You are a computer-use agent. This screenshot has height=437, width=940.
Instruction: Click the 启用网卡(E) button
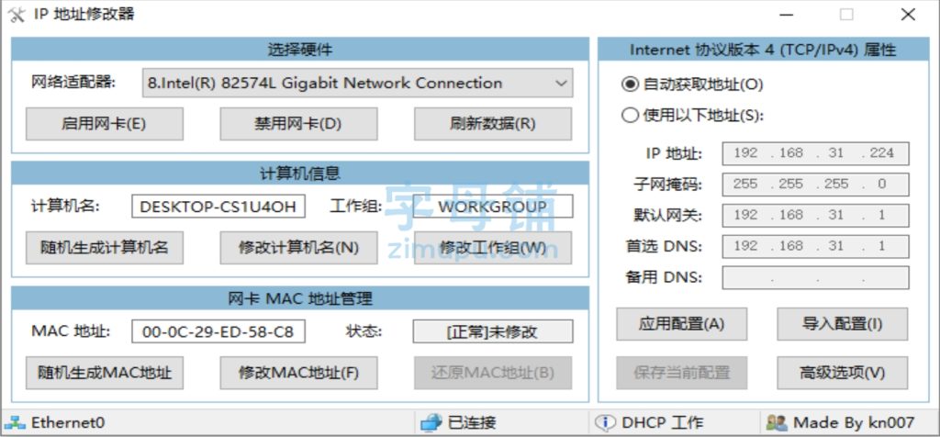point(105,124)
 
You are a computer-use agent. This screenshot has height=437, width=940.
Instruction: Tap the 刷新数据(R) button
point(493,124)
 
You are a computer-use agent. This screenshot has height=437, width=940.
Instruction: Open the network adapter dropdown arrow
point(561,84)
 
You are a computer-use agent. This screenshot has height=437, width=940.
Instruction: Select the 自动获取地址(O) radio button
point(630,84)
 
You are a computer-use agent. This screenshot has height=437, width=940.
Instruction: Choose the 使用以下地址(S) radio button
point(630,115)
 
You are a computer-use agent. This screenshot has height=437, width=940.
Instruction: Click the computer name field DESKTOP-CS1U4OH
point(218,207)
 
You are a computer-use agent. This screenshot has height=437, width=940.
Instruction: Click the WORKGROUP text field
point(493,207)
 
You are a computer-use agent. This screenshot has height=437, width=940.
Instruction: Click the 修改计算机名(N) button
point(298,248)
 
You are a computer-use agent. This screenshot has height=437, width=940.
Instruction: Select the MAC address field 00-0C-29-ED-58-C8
point(218,331)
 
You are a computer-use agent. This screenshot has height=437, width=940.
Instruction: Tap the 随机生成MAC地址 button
point(105,373)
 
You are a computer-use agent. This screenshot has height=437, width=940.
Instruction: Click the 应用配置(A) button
point(682,324)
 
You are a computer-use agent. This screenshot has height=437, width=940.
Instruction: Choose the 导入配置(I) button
point(843,324)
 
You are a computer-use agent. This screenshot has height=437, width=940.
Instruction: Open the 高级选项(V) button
point(843,373)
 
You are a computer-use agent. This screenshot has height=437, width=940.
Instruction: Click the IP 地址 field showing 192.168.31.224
point(815,153)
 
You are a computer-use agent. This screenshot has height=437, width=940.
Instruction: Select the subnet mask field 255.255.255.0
point(815,185)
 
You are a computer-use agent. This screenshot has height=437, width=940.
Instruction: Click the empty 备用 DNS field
point(815,277)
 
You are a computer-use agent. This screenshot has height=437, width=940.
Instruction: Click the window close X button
point(908,15)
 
